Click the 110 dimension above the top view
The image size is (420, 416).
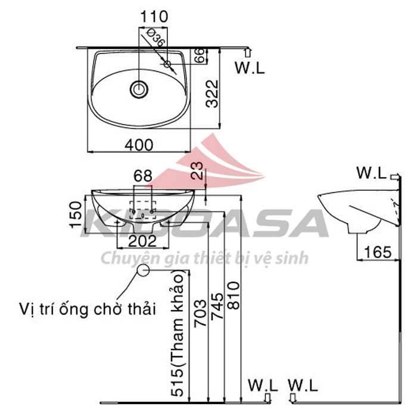tap(154, 16)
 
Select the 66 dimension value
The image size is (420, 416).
tap(201, 55)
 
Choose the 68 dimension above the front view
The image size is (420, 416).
tap(142, 176)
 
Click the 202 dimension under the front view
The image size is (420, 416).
tap(142, 241)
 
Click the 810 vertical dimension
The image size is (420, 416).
tap(234, 293)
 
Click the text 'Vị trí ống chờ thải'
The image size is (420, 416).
tap(87, 309)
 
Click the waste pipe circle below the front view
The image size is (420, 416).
tap(143, 270)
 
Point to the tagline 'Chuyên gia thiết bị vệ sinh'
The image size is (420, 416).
tap(204, 258)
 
